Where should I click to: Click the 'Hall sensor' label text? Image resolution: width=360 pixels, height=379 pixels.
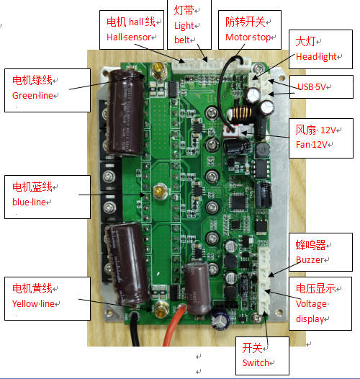[129, 37]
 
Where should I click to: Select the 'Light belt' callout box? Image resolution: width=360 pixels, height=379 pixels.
[189, 24]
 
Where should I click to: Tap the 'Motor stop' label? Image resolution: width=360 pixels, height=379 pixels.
[248, 37]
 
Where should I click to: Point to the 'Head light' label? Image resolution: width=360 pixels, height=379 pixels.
[316, 56]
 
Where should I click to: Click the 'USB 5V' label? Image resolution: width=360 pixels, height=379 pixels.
[312, 86]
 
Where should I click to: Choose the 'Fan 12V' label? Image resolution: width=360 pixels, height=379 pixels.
[312, 145]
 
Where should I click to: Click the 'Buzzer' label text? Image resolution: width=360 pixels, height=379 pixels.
[310, 260]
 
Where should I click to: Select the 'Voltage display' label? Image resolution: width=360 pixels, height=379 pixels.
[312, 311]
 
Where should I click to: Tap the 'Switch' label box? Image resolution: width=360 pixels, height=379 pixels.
[262, 356]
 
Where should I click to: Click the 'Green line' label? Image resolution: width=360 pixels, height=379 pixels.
[32, 96]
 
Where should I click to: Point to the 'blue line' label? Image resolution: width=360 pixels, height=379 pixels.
[29, 202]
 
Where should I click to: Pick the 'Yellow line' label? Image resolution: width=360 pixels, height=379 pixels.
[33, 304]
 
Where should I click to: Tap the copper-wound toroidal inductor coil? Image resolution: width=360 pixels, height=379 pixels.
[242, 113]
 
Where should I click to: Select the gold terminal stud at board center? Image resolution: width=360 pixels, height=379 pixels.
[160, 192]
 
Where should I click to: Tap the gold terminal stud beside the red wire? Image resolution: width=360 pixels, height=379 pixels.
[161, 309]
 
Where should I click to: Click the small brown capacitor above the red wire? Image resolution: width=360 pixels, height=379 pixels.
[197, 287]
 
